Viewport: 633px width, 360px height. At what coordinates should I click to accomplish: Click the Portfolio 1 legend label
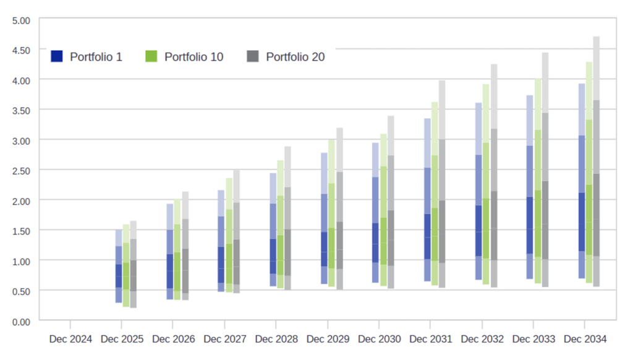point(96,57)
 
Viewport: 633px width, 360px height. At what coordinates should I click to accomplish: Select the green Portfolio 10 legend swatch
point(151,56)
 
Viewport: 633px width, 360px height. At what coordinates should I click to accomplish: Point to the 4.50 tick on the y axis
point(21,50)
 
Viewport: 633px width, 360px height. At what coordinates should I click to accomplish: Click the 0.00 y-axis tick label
point(21,320)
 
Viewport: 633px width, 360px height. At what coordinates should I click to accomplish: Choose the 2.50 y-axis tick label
point(21,170)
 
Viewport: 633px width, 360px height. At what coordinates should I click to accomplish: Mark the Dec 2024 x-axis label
point(70,340)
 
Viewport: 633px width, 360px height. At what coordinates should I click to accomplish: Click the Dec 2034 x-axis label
point(585,340)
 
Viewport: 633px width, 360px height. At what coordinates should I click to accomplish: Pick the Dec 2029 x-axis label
point(328,340)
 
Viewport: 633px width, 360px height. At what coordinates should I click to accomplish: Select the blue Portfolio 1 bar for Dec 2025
point(119,266)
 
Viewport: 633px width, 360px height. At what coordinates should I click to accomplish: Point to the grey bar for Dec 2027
point(236,232)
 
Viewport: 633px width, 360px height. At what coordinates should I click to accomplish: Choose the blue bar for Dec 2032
point(478,192)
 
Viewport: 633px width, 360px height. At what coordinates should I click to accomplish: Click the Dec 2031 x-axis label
point(431,340)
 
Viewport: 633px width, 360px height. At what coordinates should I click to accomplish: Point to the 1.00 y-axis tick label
point(21,260)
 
